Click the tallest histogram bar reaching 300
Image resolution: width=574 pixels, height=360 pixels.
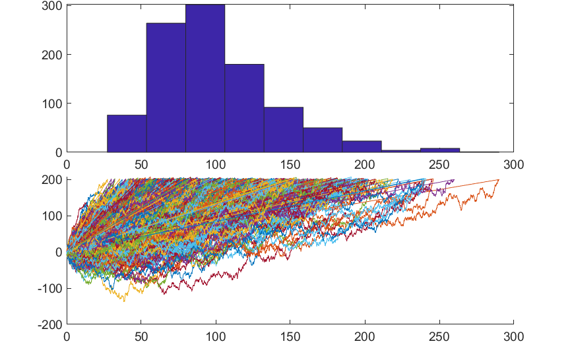coord(205,78)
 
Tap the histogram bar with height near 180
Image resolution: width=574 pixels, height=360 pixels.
coord(244,108)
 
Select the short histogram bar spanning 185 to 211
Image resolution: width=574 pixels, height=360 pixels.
coord(362,146)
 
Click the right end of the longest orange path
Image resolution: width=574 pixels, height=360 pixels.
coord(499,180)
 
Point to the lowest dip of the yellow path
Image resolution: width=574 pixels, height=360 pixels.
coord(123,301)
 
